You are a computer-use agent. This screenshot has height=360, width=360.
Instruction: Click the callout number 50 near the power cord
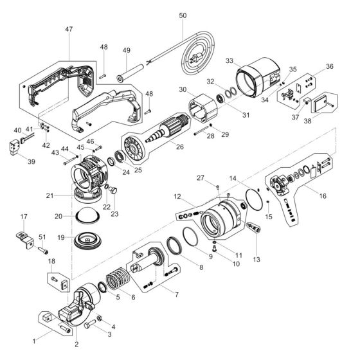pos(182,15)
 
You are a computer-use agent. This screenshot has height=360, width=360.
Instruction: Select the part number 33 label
pos(230,60)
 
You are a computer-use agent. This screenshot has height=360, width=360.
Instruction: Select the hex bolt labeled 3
pos(87,325)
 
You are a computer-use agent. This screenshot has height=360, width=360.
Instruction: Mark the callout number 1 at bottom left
pos(35,336)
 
